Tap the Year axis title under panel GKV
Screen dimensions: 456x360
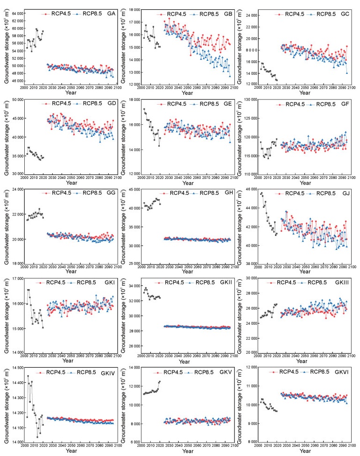[x=187, y=451]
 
